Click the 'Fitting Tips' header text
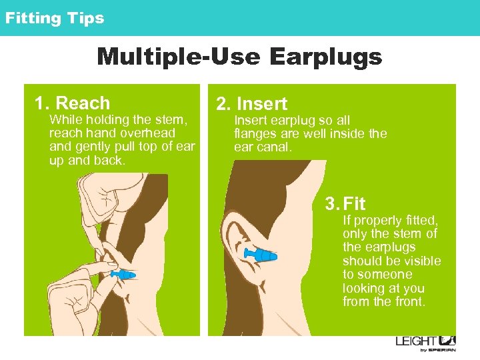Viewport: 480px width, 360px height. click(x=55, y=18)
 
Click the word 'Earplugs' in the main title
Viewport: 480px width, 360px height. click(x=326, y=57)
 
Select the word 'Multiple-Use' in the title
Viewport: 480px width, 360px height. click(x=179, y=57)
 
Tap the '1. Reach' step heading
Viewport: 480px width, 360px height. click(x=72, y=103)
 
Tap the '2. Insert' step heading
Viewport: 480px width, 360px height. click(x=251, y=104)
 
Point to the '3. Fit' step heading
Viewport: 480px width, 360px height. click(x=345, y=203)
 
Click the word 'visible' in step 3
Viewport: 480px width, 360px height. click(x=421, y=261)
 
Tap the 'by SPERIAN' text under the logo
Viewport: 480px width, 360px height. click(x=437, y=349)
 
